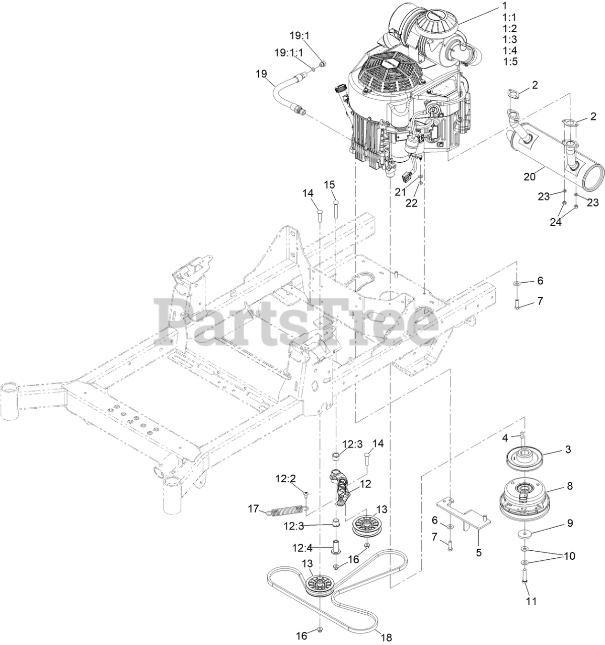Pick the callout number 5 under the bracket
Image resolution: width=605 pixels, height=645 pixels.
coord(479,552)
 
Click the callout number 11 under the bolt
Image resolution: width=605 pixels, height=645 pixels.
coord(532,601)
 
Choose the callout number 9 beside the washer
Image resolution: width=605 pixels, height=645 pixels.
coord(570,523)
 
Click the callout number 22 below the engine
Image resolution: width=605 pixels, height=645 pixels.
coord(412,203)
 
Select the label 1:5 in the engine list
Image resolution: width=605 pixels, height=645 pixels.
coord(510,61)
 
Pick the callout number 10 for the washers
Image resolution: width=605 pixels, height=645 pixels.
coord(569,556)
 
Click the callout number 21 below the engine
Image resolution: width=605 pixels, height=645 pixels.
coord(400,192)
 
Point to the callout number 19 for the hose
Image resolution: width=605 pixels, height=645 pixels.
coord(261,74)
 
